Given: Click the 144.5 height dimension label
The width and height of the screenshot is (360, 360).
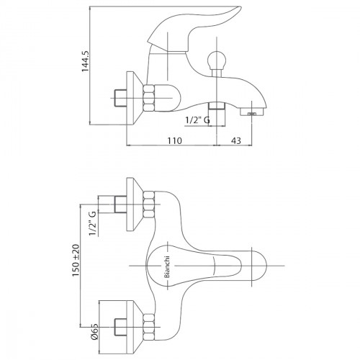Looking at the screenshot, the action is [85, 61].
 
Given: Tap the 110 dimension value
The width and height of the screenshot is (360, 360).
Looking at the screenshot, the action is [174, 140].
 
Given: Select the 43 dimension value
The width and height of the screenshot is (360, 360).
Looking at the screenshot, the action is [236, 140].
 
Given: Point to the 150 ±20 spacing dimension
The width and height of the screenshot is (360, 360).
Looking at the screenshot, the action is [76, 260].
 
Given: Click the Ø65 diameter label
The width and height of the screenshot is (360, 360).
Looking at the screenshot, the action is [94, 331].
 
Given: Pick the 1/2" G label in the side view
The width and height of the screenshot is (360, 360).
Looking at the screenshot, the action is [197, 120].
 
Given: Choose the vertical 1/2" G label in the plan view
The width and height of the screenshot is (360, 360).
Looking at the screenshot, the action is [93, 223].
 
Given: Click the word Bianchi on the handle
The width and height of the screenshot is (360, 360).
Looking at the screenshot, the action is [167, 266].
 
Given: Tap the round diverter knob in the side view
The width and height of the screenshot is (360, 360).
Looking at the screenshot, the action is [217, 59].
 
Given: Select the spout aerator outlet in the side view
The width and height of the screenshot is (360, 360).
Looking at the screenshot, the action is [252, 112].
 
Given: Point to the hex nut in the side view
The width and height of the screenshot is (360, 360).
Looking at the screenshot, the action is [149, 98].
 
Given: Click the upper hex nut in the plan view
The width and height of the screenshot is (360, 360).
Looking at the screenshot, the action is [149, 204].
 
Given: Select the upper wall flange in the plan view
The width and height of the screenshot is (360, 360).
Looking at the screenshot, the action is [135, 204].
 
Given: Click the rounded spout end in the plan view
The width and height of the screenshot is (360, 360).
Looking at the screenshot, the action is [259, 266].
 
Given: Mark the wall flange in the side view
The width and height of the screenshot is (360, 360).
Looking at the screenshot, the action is [135, 98].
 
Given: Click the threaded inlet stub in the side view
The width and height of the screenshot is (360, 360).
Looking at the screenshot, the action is [120, 98].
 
